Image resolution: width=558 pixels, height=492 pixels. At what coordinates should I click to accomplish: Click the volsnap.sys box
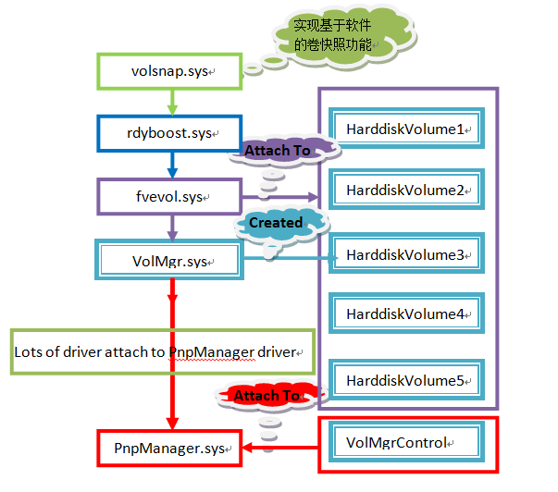pos(168,70)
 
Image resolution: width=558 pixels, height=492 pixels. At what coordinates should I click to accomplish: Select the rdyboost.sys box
pos(169,133)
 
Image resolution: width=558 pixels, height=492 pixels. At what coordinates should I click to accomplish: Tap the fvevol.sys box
pos(169,197)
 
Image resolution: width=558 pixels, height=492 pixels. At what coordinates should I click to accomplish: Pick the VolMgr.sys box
pos(169,260)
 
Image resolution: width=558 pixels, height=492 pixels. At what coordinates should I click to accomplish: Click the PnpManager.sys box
pos(169,449)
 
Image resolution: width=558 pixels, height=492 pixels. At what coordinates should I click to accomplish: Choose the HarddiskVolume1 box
pos(406,129)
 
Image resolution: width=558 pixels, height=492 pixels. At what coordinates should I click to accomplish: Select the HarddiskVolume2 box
pos(406,190)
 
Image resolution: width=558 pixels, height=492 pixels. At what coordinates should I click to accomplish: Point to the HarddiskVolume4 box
pos(406,314)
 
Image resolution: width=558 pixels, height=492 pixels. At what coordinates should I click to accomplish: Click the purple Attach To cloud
pos(276,150)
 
